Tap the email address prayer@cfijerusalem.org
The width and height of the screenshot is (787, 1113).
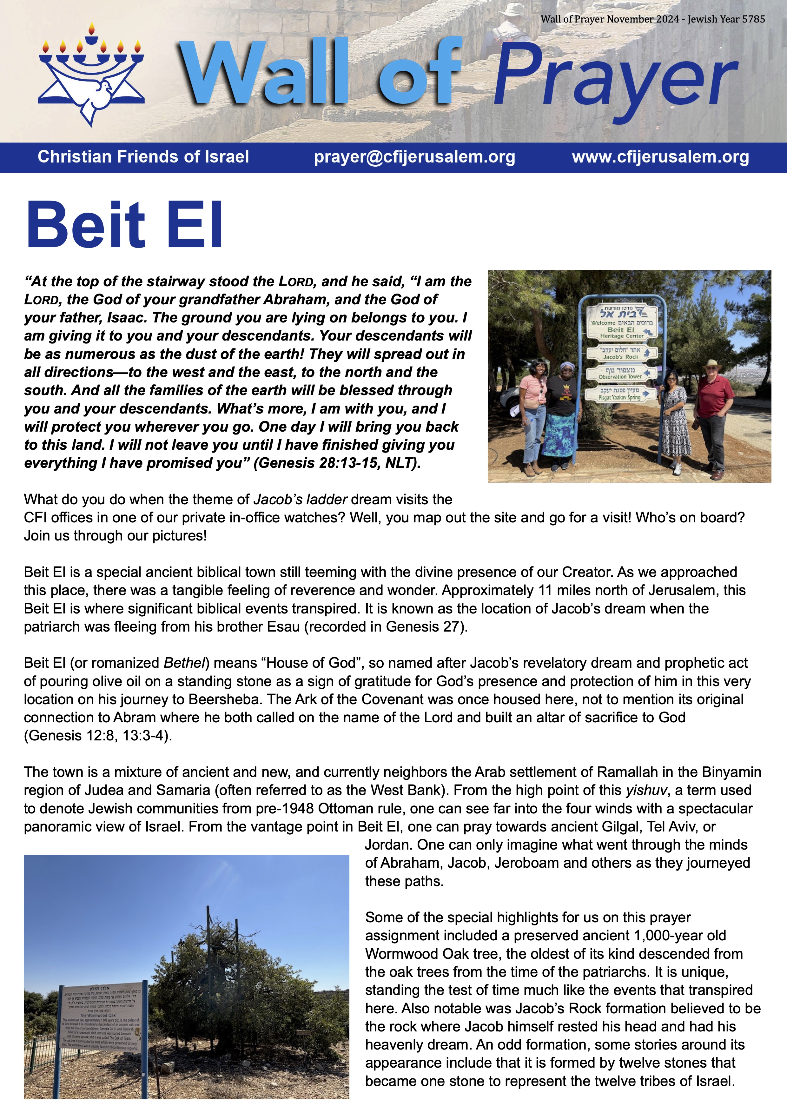coord(414,157)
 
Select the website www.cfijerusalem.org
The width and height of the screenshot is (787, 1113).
coord(660,157)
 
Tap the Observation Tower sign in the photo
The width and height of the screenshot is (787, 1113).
coord(620,373)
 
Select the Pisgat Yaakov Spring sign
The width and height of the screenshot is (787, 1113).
coord(620,394)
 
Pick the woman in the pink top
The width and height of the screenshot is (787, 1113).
coord(533,412)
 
